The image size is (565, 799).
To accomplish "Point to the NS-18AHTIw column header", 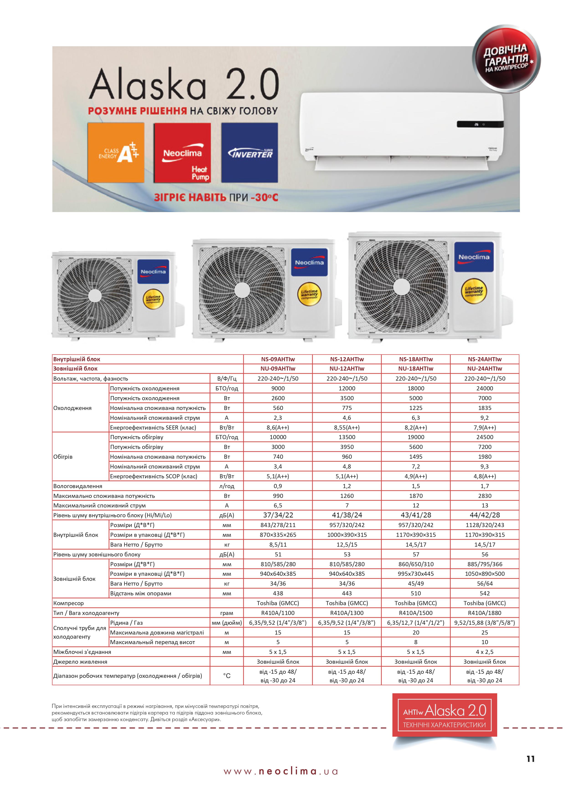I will coord(416,359).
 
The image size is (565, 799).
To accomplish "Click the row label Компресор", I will coord(69,603).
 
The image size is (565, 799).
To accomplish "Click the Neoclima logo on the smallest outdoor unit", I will coord(153,271).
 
